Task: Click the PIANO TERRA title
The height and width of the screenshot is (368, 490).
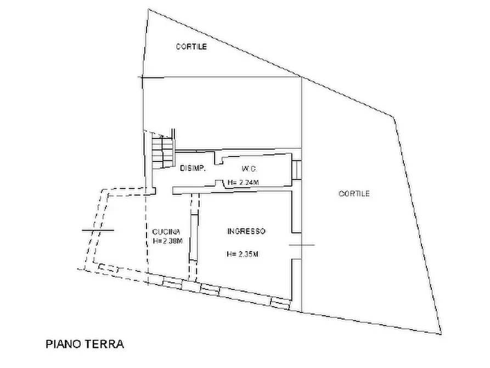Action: pyautogui.click(x=85, y=344)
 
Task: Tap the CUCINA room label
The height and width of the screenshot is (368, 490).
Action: pyautogui.click(x=166, y=232)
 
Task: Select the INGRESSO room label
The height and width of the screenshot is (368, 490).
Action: pyautogui.click(x=246, y=231)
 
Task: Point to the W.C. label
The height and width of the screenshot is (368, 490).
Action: pyautogui.click(x=249, y=169)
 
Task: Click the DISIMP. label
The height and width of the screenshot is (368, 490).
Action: pyautogui.click(x=193, y=169)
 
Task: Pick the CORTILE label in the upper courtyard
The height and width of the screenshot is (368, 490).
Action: pyautogui.click(x=192, y=47)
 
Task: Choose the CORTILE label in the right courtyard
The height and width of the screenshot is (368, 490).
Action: pyautogui.click(x=354, y=194)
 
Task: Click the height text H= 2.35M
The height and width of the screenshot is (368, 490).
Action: pyautogui.click(x=243, y=254)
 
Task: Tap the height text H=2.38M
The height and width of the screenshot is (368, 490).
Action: pyautogui.click(x=167, y=241)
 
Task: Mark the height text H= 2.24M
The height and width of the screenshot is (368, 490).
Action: pyautogui.click(x=243, y=182)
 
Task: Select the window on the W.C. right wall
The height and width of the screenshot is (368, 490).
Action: pyautogui.click(x=296, y=170)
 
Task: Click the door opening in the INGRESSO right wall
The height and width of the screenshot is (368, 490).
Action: pyautogui.click(x=296, y=246)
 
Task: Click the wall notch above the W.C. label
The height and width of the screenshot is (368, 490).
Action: pyautogui.click(x=218, y=158)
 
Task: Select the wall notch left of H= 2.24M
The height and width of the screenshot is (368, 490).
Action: pyautogui.click(x=220, y=183)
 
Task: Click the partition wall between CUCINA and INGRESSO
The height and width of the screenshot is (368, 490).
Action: pyautogui.click(x=194, y=236)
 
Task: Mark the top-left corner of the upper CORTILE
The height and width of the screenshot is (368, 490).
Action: pyautogui.click(x=149, y=9)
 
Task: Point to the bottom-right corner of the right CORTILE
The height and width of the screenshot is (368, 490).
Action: pyautogui.click(x=441, y=334)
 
